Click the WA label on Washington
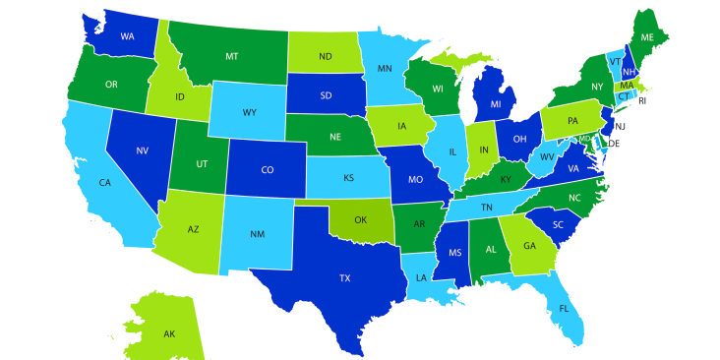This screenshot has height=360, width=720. (x=127, y=36)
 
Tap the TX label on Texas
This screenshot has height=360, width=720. (x=344, y=278)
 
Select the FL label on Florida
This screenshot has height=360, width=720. (x=564, y=308)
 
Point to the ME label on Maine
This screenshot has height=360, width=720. (x=647, y=36)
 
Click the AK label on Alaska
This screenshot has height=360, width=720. (x=168, y=334)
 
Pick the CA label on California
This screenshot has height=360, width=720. (x=104, y=182)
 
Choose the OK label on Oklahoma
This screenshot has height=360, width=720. (x=360, y=220)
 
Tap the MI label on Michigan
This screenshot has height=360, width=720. (x=496, y=104)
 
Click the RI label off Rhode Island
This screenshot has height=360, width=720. (x=642, y=100)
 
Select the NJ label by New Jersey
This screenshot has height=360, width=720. (x=620, y=127)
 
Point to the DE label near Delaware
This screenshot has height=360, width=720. (x=614, y=144)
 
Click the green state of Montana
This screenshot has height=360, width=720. (x=231, y=56)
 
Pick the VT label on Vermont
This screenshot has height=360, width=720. (x=615, y=60)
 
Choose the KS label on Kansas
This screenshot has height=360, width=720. (x=348, y=178)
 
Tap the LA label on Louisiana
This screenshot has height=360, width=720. (x=422, y=277)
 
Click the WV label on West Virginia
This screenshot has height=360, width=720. (x=549, y=157)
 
